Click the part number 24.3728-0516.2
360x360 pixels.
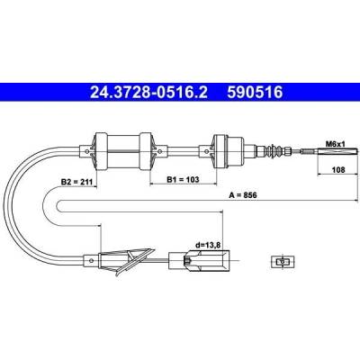(x=148, y=92)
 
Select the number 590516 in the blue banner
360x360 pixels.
(x=255, y=92)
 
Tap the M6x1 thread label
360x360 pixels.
(x=336, y=144)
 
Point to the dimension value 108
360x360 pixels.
(x=338, y=169)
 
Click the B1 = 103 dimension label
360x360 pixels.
(x=183, y=179)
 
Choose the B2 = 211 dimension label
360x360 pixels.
(x=77, y=182)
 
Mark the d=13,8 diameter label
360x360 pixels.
(x=208, y=245)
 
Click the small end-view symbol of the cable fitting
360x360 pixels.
(x=283, y=262)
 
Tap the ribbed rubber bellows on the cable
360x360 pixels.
(x=274, y=150)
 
